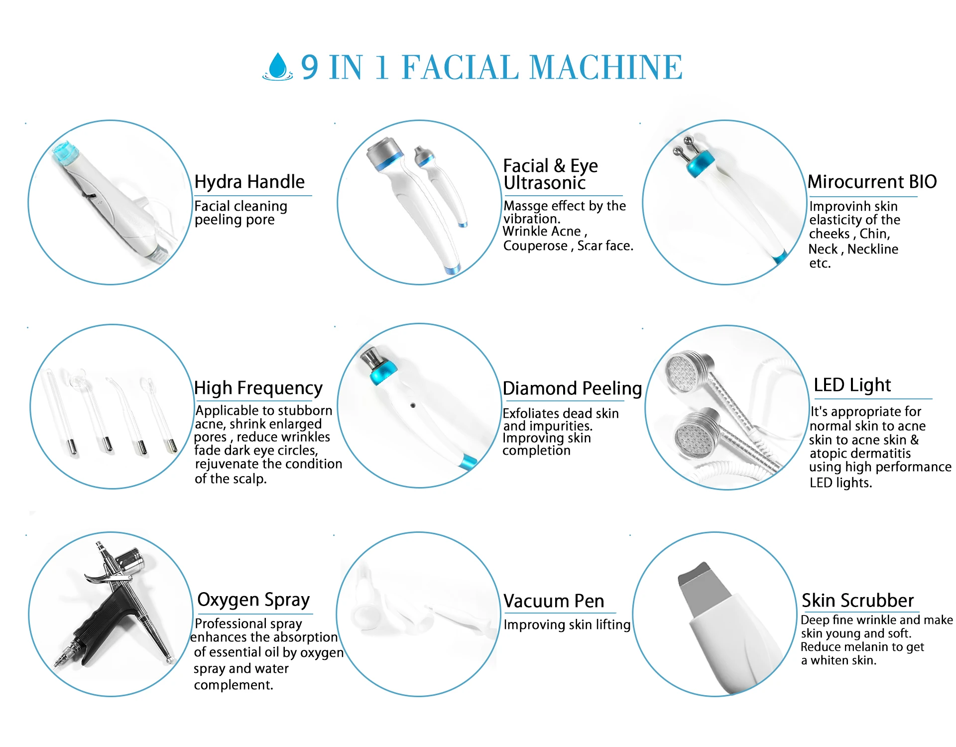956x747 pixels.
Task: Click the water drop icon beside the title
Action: click(x=278, y=67)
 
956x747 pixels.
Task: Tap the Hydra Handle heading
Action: click(x=249, y=182)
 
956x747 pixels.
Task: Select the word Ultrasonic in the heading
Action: click(x=544, y=183)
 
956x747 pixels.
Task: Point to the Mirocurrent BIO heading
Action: click(x=872, y=182)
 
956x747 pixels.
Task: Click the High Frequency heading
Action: click(x=258, y=387)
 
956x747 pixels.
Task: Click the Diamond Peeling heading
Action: click(x=572, y=388)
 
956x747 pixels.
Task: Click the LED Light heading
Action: click(x=852, y=385)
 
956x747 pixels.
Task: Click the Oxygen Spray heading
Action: click(x=253, y=600)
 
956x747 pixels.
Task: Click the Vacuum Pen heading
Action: click(x=553, y=601)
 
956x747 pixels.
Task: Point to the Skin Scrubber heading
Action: click(x=857, y=601)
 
